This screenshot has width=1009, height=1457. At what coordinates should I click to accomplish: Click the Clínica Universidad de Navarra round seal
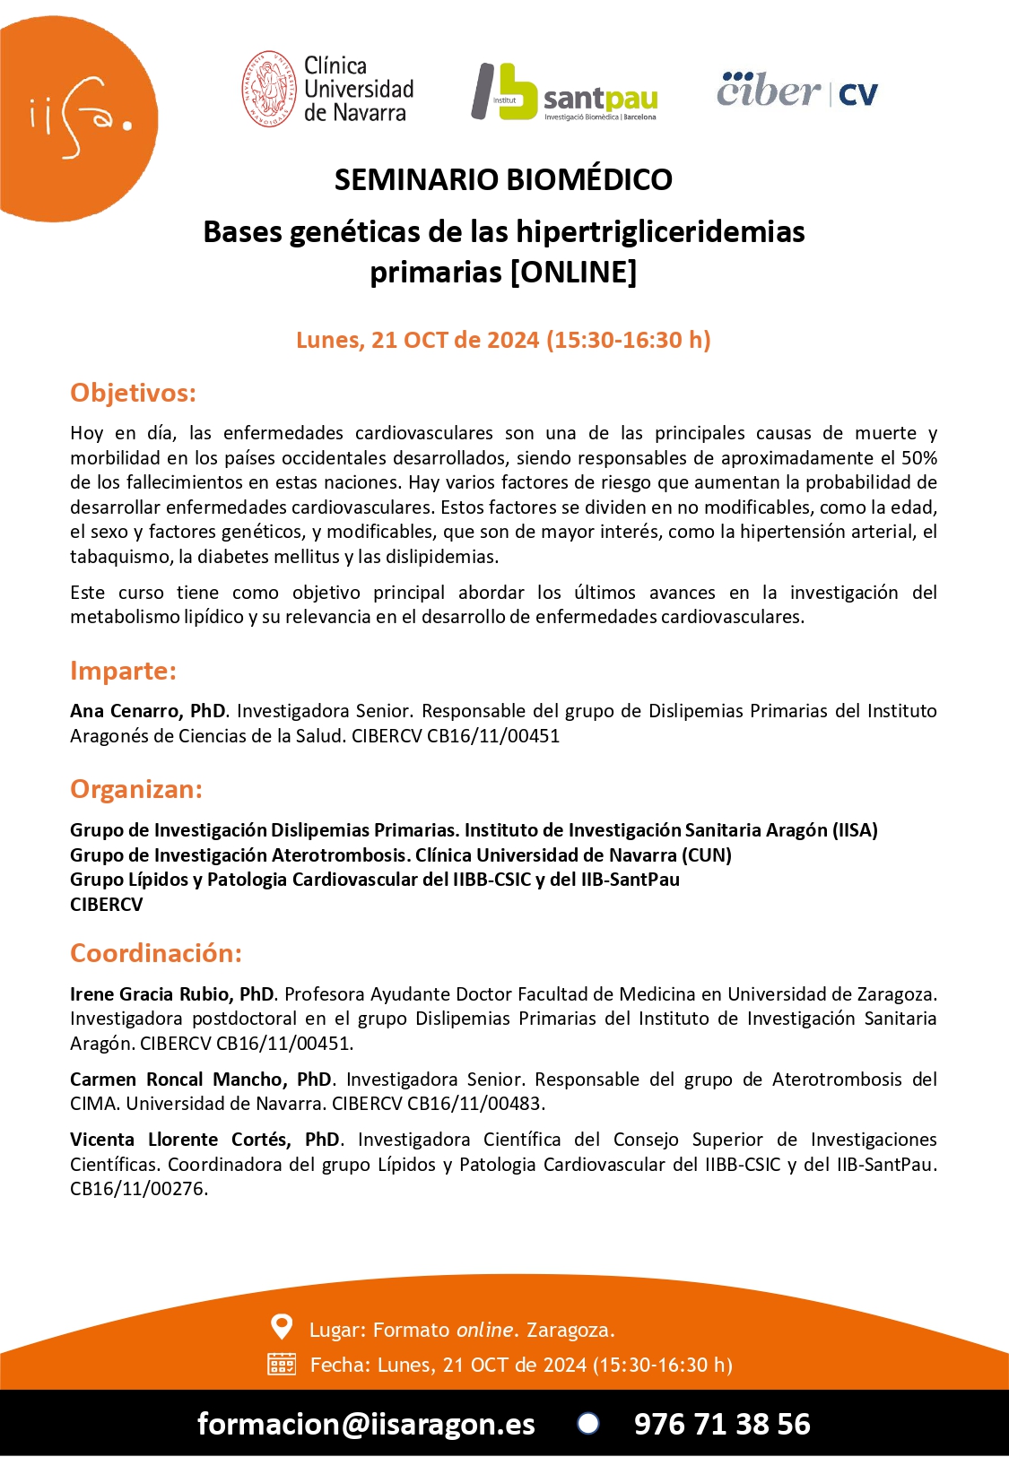(x=268, y=89)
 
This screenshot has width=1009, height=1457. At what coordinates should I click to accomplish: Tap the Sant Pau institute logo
(x=565, y=91)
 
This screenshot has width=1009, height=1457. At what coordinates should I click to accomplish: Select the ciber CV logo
(x=796, y=91)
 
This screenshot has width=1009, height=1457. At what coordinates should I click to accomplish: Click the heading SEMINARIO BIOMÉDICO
(x=503, y=179)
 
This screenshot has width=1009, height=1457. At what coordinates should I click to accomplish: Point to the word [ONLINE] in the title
(x=573, y=271)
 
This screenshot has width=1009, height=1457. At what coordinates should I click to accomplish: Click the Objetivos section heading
(x=133, y=393)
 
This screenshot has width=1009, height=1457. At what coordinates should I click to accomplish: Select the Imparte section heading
(x=123, y=671)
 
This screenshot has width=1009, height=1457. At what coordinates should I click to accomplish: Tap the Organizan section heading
(x=136, y=789)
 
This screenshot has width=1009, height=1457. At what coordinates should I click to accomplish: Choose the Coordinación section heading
(x=156, y=952)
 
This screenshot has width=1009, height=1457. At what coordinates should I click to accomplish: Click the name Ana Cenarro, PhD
(x=148, y=711)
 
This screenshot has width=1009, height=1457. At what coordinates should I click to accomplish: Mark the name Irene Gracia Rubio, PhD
(x=172, y=993)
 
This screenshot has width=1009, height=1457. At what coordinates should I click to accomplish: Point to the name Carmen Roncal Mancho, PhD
(x=201, y=1079)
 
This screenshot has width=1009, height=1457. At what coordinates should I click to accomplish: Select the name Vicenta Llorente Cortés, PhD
(x=204, y=1140)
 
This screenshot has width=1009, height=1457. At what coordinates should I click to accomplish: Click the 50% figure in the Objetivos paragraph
(x=918, y=458)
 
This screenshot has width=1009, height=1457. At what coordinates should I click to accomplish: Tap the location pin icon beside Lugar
(x=282, y=1326)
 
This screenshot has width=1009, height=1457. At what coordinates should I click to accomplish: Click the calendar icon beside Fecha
(x=282, y=1364)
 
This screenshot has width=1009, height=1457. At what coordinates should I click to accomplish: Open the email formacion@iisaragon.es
(x=366, y=1424)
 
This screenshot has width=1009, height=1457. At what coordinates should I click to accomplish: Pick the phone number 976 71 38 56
(x=722, y=1424)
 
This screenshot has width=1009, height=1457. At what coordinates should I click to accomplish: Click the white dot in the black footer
(x=588, y=1423)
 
